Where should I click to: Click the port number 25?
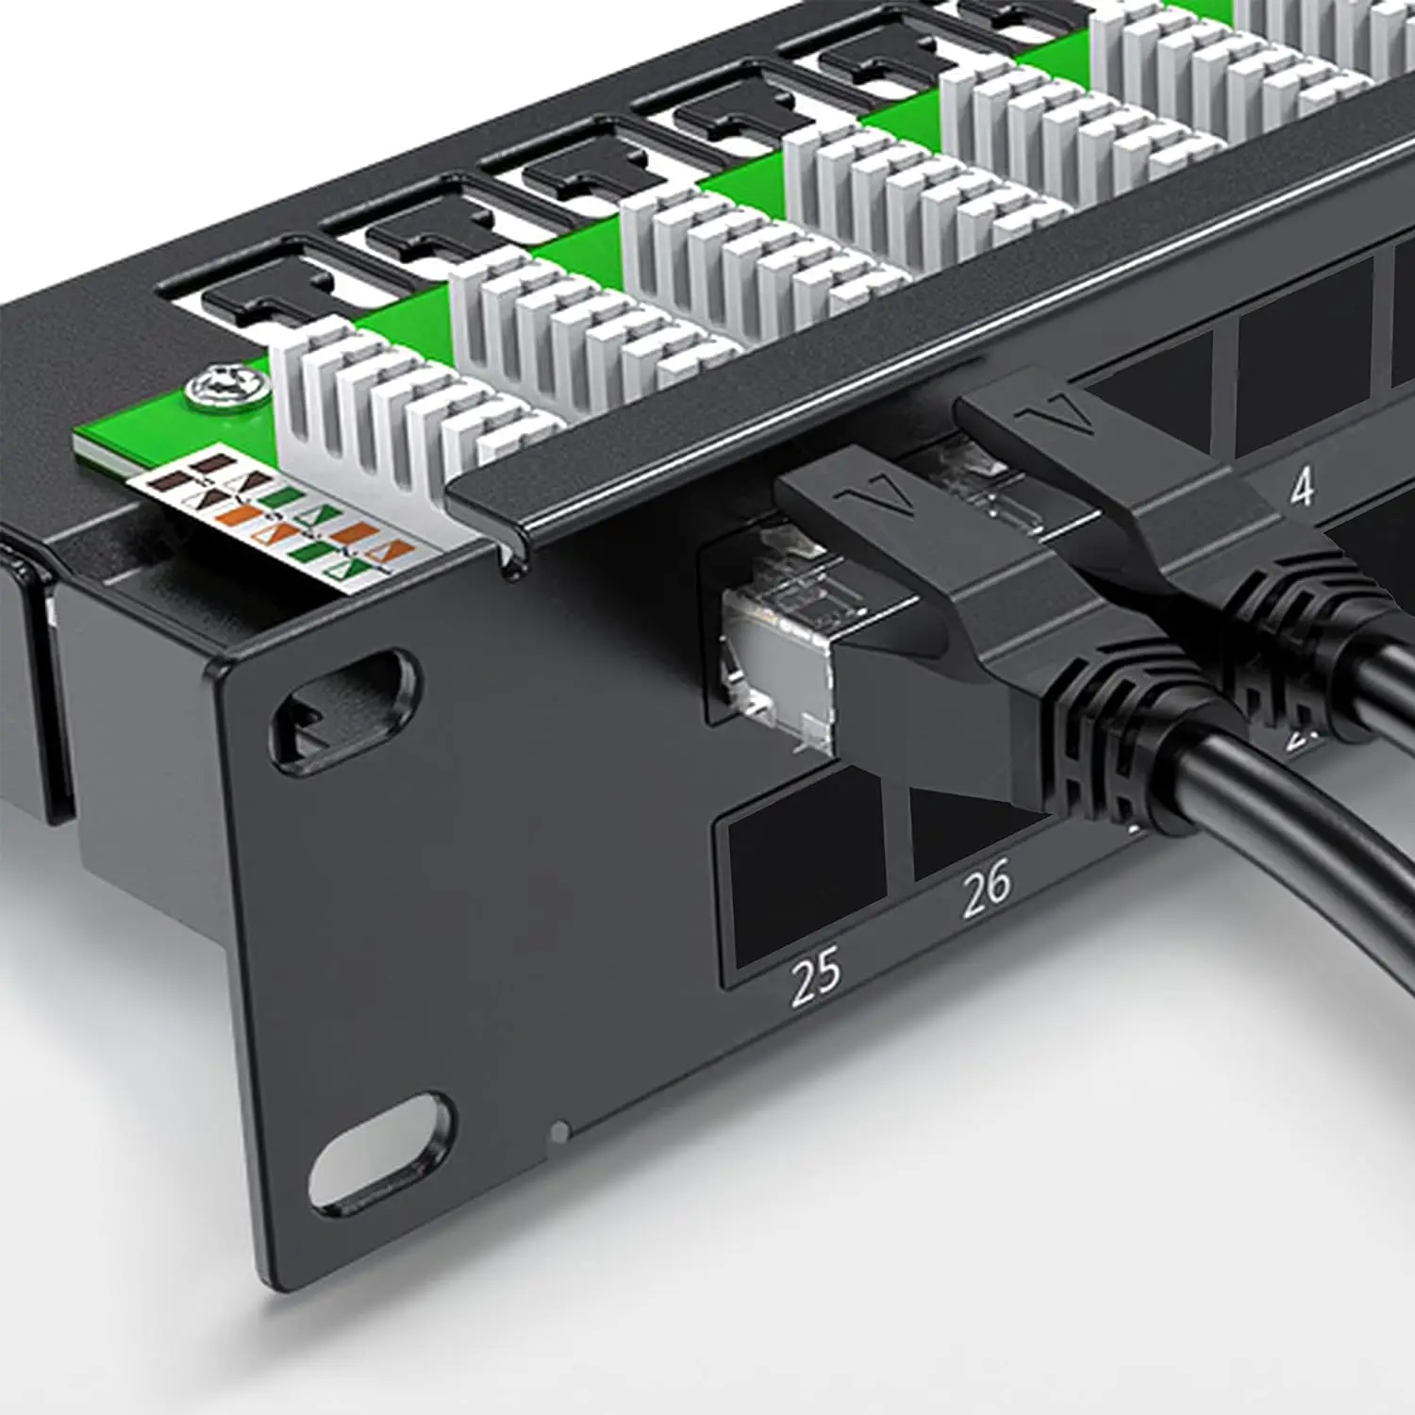(815, 973)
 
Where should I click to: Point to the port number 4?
(1302, 487)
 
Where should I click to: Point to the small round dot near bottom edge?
(561, 1128)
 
